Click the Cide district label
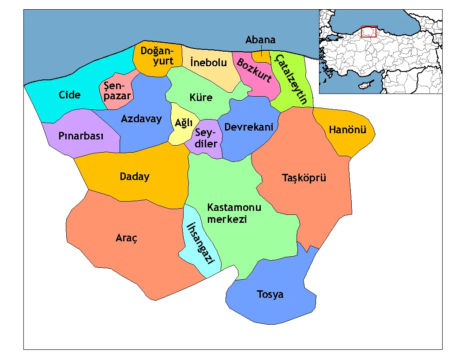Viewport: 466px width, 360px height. (x=70, y=95)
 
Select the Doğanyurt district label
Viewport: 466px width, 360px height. (x=157, y=56)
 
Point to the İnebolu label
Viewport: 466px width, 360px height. (x=208, y=63)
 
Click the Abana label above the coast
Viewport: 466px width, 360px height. (x=260, y=40)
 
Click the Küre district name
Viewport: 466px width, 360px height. (x=201, y=97)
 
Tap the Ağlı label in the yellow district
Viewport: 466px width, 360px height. (x=182, y=124)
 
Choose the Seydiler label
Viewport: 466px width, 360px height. (x=206, y=138)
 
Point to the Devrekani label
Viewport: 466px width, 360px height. (x=249, y=127)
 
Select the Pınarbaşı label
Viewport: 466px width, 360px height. (x=81, y=136)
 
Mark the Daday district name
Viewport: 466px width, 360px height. (x=135, y=177)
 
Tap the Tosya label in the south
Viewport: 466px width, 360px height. (x=270, y=294)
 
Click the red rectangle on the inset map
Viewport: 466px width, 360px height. (x=368, y=32)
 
